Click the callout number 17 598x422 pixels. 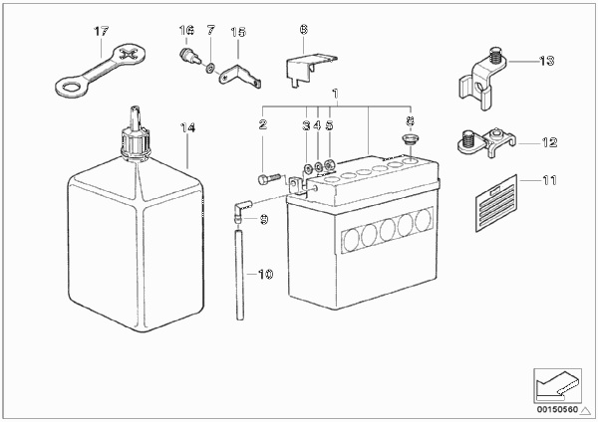tap(101, 31)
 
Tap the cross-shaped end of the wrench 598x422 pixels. tap(131, 54)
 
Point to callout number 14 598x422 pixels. tap(187, 128)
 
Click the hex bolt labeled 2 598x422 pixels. tap(269, 178)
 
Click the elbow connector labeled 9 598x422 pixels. tap(240, 211)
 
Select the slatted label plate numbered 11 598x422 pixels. tap(496, 203)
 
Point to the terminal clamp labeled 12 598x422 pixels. tap(486, 142)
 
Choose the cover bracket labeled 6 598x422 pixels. tap(311, 69)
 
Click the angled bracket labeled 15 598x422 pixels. tap(240, 77)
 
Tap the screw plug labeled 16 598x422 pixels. tap(187, 57)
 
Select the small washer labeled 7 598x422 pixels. tap(209, 70)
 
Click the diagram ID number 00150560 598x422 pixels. tap(557, 410)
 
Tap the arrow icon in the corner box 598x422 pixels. tap(557, 386)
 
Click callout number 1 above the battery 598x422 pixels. tap(335, 94)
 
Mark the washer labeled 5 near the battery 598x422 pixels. tap(330, 165)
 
